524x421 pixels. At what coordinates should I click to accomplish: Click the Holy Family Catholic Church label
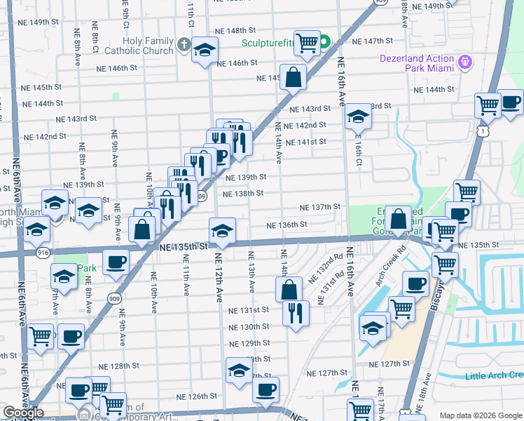point(139,46)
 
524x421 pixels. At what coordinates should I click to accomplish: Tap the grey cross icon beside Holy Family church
point(184,46)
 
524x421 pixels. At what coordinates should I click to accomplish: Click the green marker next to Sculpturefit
point(324,42)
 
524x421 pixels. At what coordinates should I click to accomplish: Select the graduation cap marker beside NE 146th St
point(205,50)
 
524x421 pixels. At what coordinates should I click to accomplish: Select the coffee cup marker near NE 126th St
point(266,390)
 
